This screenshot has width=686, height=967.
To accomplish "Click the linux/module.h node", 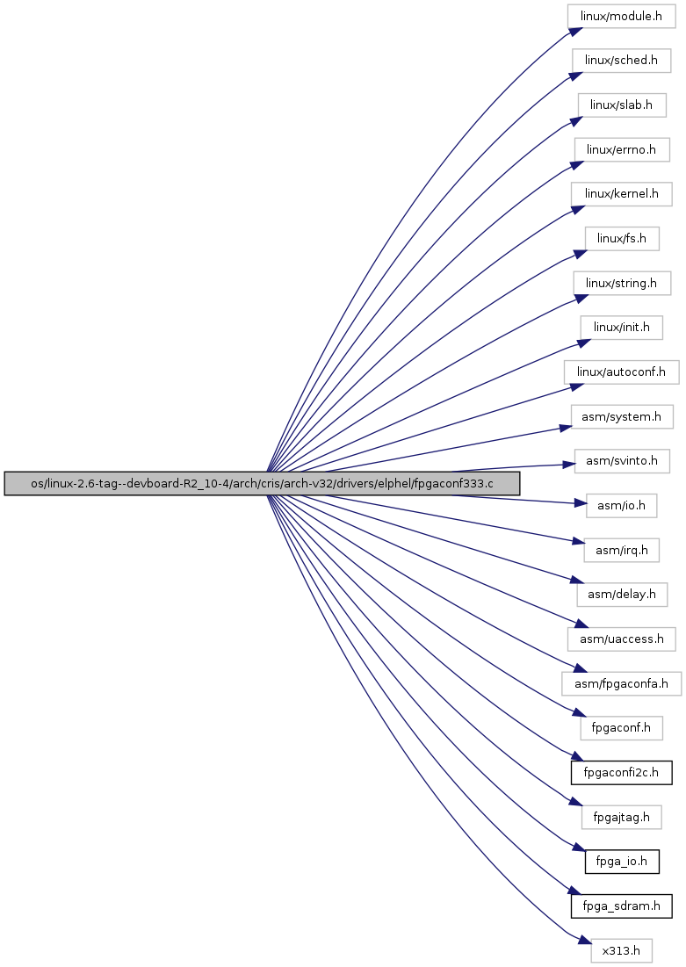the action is click(621, 16).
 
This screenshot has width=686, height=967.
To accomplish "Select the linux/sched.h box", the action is click(621, 61).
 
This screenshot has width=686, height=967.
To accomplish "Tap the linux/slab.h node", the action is click(621, 105).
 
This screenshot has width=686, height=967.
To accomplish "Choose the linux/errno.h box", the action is click(621, 150).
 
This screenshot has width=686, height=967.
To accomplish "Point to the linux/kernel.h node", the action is click(621, 194).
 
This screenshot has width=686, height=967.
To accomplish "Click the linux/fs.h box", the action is click(621, 239).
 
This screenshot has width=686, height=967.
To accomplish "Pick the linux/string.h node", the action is click(621, 283).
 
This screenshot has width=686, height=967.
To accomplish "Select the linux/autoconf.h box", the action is click(621, 372).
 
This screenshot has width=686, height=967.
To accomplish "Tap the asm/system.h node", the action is click(621, 417).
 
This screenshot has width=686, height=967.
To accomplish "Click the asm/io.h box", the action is click(621, 506).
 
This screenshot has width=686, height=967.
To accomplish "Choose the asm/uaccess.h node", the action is click(621, 639).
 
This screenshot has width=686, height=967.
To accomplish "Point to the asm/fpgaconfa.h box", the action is click(621, 684).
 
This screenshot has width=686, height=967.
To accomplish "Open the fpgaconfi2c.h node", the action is click(621, 773).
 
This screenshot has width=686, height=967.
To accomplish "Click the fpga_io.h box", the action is click(621, 862).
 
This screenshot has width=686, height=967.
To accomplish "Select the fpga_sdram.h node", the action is click(621, 906).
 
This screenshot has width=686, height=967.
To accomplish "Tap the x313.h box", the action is click(621, 951).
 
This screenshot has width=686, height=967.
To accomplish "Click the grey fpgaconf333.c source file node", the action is click(262, 483).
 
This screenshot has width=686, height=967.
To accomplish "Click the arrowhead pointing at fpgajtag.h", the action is click(574, 802).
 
